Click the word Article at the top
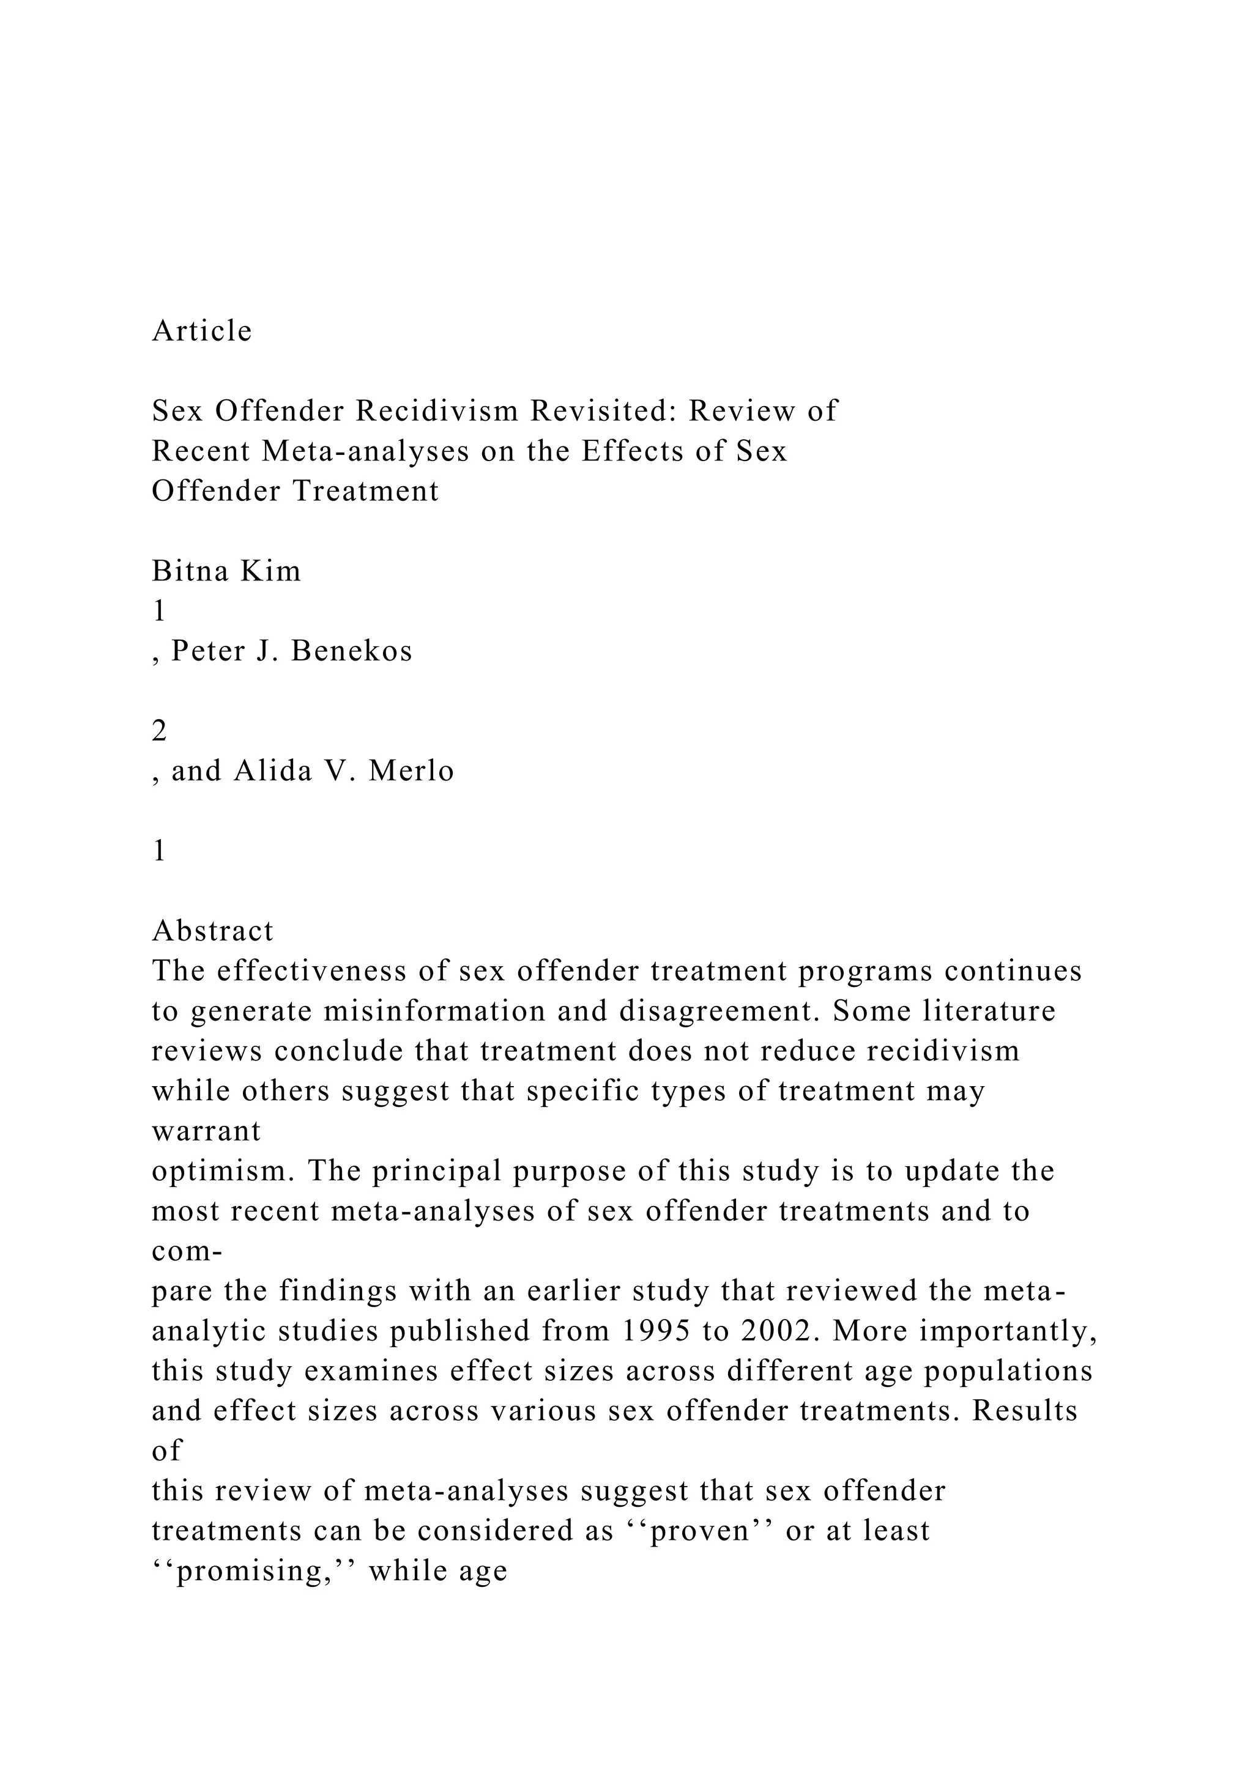point(202,331)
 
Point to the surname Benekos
point(352,651)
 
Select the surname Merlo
point(411,771)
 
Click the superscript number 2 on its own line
point(160,730)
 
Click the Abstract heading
point(213,931)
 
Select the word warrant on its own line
point(206,1131)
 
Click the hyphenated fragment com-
point(187,1251)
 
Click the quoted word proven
point(701,1530)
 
